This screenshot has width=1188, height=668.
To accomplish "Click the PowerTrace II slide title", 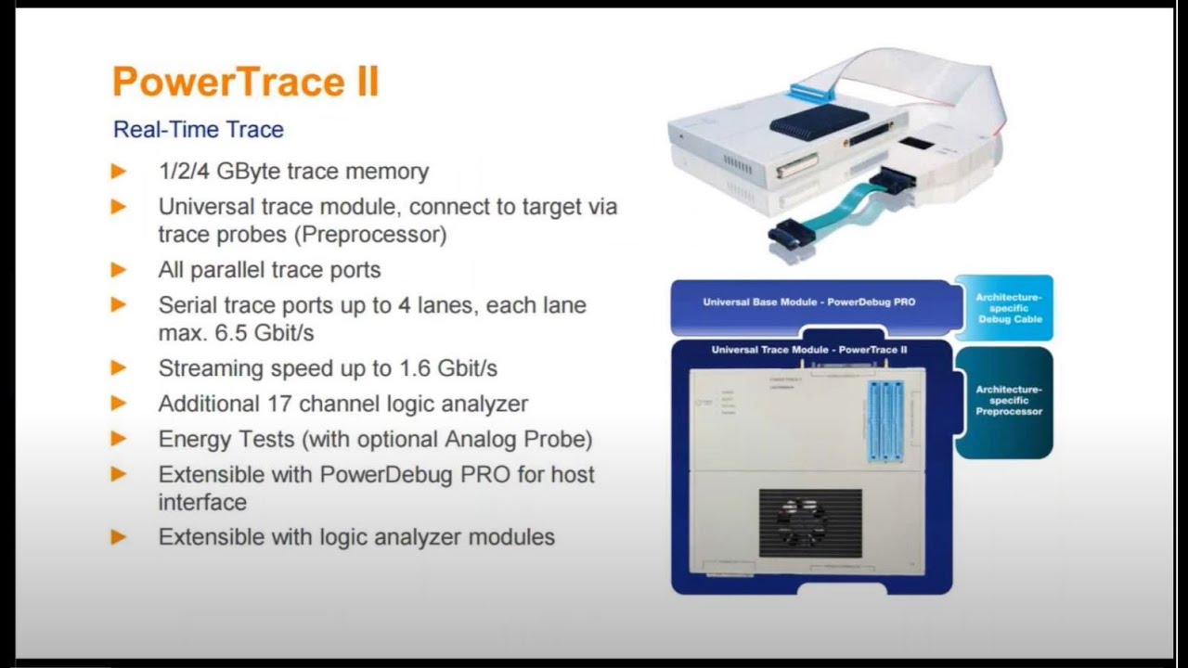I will [245, 82].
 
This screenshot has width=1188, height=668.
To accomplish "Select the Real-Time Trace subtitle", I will [198, 130].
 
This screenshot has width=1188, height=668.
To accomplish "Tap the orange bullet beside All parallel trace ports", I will [119, 270].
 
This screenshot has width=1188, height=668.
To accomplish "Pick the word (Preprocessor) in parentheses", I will [370, 235].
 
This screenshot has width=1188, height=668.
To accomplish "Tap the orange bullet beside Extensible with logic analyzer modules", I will [119, 537].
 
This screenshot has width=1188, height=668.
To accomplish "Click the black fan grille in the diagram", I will [809, 522].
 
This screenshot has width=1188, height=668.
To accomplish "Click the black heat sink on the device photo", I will [806, 122].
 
